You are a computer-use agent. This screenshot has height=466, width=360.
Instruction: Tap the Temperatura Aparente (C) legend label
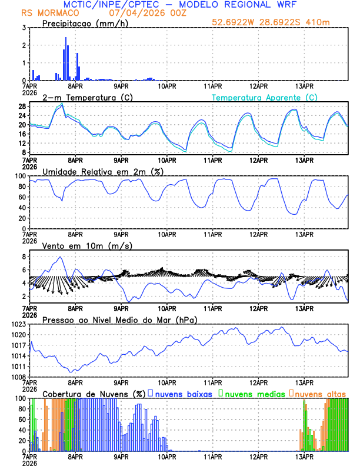(264, 97)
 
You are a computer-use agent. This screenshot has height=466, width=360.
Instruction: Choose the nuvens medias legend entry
(252, 393)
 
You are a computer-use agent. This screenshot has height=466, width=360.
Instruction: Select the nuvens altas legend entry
(319, 393)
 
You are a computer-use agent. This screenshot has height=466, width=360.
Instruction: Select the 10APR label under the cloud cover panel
(167, 456)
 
